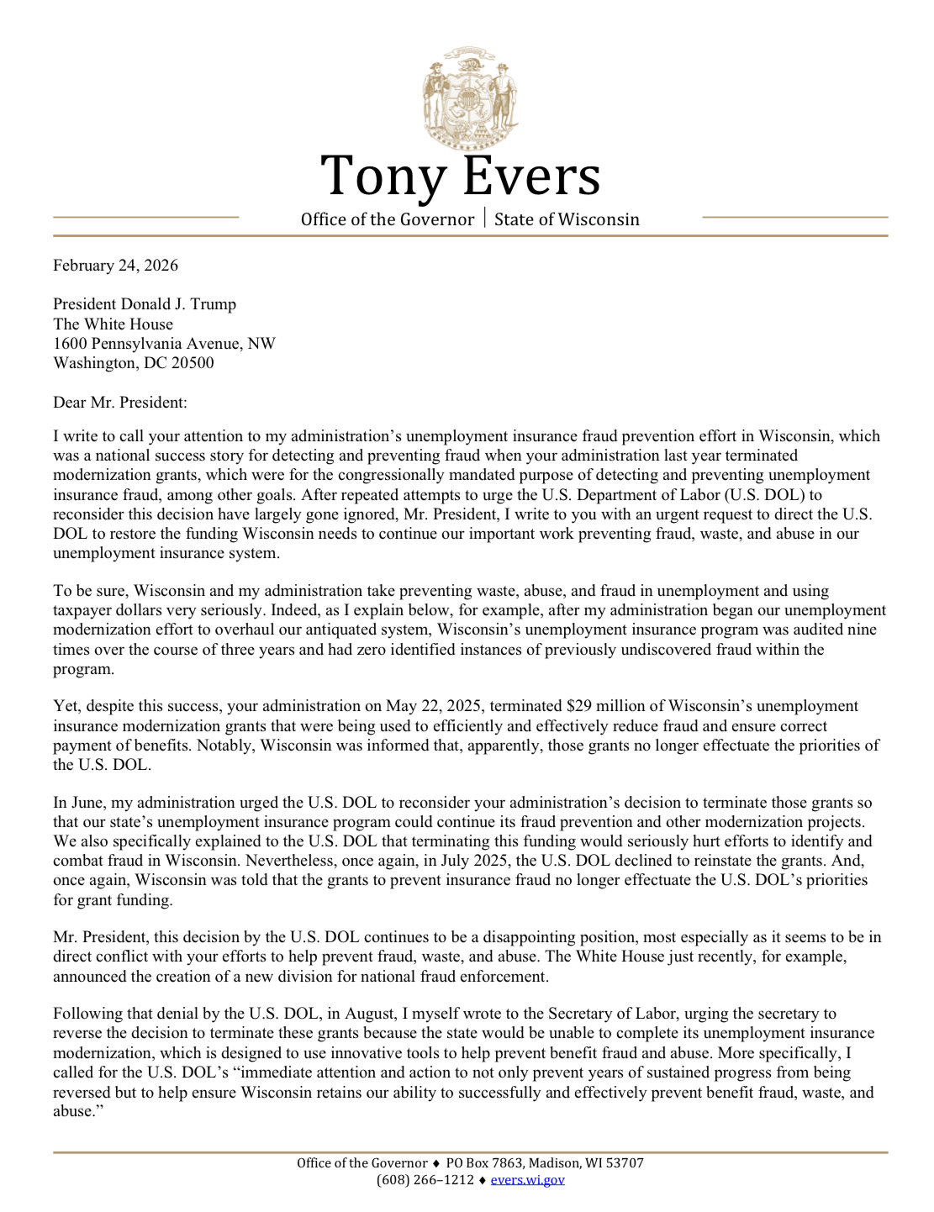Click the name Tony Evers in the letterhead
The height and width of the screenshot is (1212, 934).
[x=461, y=176]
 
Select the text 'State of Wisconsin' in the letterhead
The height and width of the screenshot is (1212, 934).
[x=567, y=219]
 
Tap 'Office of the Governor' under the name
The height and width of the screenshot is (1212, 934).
[x=388, y=219]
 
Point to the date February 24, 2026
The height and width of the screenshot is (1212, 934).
[x=116, y=266]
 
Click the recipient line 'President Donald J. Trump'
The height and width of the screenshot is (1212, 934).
[x=145, y=304]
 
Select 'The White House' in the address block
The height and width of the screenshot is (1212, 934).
[x=113, y=324]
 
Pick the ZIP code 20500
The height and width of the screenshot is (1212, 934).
[x=193, y=363]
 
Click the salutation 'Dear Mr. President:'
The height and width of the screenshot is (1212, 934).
[x=120, y=403]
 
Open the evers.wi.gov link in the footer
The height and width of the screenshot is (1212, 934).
[x=528, y=1180]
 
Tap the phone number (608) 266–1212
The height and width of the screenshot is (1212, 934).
[x=425, y=1180]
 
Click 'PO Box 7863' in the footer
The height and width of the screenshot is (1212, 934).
[x=482, y=1163]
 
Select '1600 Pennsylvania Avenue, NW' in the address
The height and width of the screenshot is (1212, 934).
[x=165, y=344]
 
